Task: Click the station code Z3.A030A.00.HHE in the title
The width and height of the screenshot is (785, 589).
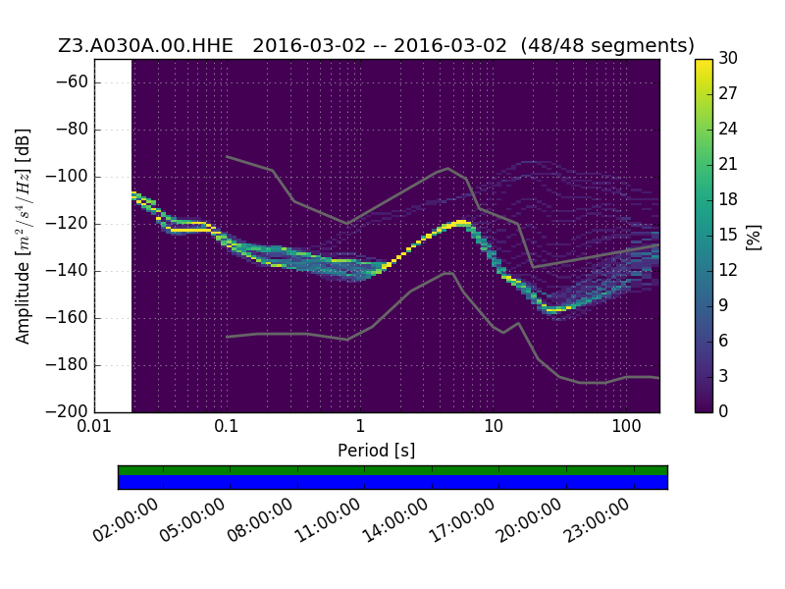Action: coord(145,45)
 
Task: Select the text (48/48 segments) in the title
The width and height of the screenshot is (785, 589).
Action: coord(607,45)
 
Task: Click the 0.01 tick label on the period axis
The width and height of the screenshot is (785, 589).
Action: coord(94,426)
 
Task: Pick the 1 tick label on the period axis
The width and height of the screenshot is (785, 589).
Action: coord(360,426)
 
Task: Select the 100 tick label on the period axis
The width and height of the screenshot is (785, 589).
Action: coord(626,426)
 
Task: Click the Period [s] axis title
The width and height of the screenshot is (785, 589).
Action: coord(377,451)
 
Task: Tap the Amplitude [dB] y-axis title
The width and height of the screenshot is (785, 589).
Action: coord(23,237)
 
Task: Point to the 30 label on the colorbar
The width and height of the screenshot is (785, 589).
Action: coord(728,58)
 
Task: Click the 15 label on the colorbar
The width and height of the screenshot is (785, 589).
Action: coord(728,235)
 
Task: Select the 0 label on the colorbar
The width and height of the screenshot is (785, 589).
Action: coord(723,411)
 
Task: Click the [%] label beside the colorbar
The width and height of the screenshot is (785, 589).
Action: coord(754,237)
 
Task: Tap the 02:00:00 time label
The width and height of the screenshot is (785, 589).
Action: coord(126,520)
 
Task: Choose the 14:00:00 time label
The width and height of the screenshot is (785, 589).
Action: coord(395,520)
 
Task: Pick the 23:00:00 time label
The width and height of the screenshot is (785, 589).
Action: coord(597,520)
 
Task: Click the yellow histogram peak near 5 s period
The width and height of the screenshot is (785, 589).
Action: coord(461,222)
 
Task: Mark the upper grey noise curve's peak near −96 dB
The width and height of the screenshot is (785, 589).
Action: coord(448,168)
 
